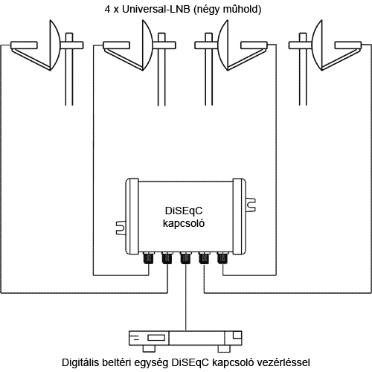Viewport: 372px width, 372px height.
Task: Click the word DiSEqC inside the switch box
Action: point(184,211)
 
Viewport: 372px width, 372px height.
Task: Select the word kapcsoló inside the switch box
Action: point(184,223)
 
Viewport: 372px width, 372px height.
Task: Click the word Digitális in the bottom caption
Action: point(80,362)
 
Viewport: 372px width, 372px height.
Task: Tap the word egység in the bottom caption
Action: point(151,363)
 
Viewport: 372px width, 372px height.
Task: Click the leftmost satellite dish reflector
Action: point(55,45)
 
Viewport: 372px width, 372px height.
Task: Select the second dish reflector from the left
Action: point(147,45)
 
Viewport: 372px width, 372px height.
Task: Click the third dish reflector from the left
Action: point(223,45)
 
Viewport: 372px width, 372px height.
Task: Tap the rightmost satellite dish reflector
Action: point(317,45)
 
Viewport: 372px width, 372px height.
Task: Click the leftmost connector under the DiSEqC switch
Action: point(149,258)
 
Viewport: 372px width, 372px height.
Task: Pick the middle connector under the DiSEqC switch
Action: point(185,258)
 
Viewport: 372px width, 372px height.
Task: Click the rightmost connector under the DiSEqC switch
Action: point(222,258)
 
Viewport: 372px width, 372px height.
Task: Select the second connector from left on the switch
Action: point(167,258)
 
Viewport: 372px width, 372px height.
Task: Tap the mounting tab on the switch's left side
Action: point(121,228)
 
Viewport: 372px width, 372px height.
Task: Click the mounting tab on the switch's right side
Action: point(251,205)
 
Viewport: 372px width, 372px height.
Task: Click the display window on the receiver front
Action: point(156,338)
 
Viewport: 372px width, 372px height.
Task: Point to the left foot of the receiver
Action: point(149,349)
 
